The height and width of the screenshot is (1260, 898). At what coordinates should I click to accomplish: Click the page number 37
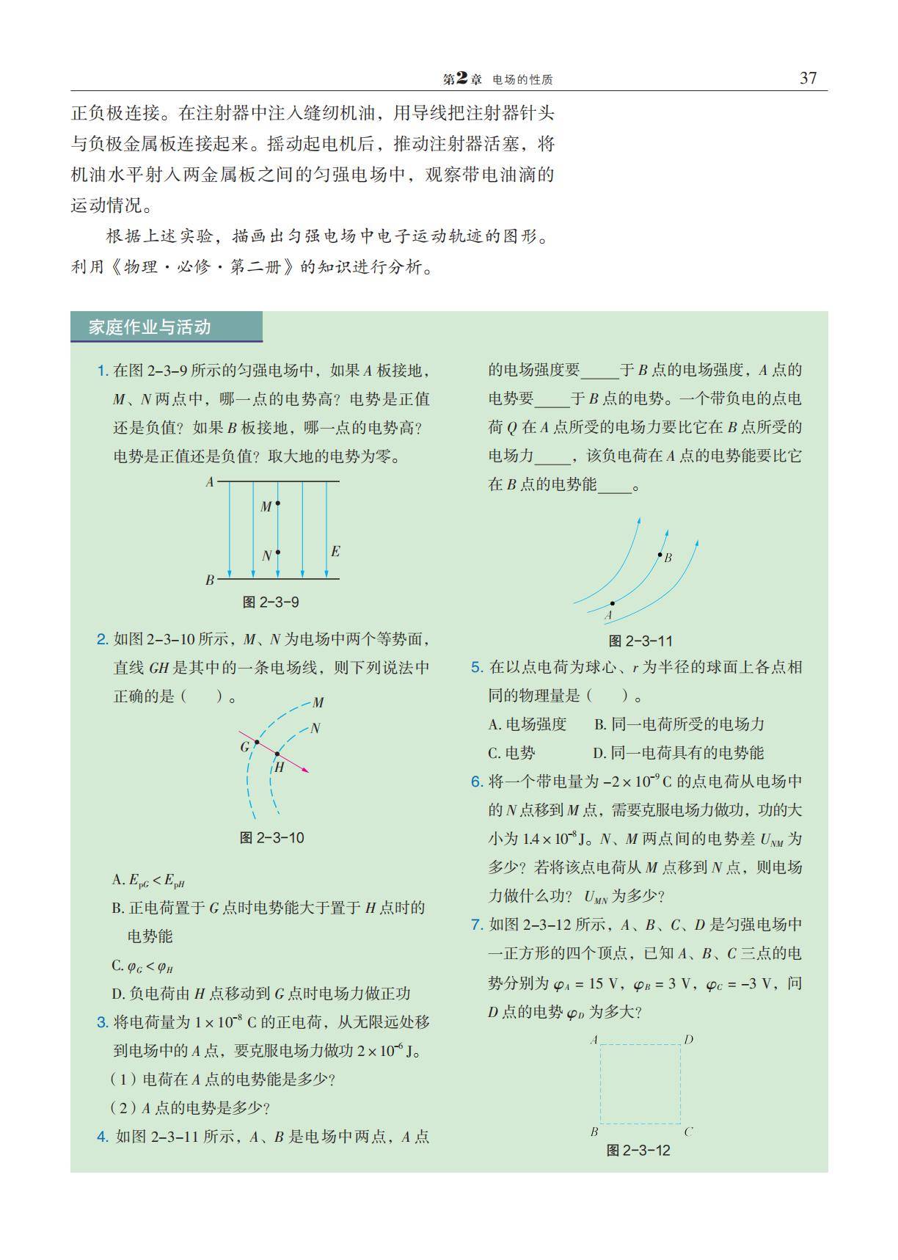click(808, 79)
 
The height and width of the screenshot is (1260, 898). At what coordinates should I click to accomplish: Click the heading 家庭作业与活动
click(150, 327)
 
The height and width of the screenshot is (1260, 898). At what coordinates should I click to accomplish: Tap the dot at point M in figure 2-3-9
click(277, 503)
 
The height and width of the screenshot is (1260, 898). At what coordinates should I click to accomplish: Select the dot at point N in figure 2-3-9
click(278, 553)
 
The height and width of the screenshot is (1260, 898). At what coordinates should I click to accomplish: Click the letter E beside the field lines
click(335, 551)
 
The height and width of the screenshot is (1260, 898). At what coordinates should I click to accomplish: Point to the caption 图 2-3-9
click(271, 602)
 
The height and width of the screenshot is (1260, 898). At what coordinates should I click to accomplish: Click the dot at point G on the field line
click(257, 743)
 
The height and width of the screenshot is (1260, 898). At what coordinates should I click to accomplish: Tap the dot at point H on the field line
click(277, 754)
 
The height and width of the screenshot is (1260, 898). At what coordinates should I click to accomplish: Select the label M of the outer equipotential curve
click(318, 702)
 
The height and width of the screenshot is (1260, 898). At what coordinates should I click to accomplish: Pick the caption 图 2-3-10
click(271, 838)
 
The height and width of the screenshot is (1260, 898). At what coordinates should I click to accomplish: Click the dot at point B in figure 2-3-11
click(660, 555)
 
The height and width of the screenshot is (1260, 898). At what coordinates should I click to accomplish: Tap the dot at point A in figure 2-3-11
click(613, 603)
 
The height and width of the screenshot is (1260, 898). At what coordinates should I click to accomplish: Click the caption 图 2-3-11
click(640, 641)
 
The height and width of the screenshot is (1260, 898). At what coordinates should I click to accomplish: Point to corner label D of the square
click(688, 1039)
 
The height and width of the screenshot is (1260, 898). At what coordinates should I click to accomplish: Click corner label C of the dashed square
click(688, 1132)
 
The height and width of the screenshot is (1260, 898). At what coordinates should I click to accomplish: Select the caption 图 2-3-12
click(638, 1151)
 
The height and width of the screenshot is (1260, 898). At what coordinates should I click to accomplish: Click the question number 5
click(477, 667)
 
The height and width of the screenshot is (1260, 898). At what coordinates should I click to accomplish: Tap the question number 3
click(103, 1022)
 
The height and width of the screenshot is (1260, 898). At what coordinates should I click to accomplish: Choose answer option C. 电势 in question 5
click(512, 753)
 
